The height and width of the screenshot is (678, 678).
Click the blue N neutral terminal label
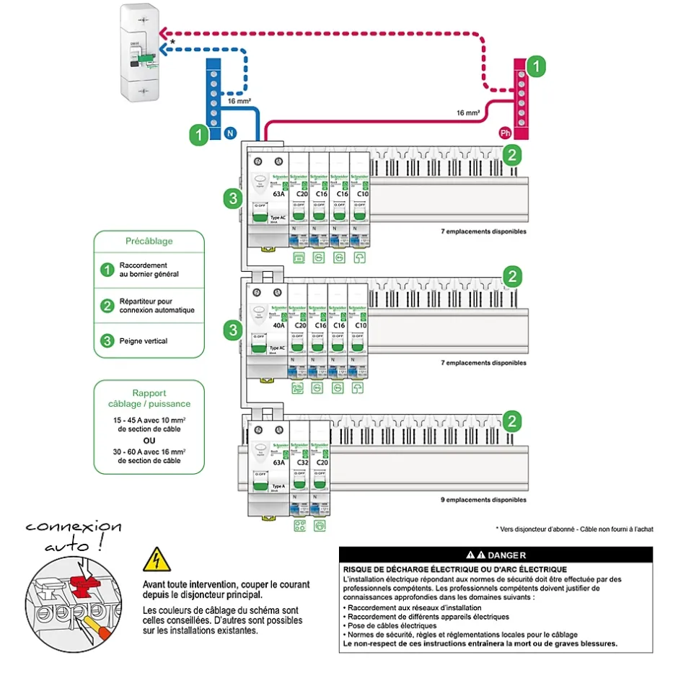pyautogui.click(x=229, y=133)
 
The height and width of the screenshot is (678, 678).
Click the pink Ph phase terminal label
pyautogui.click(x=505, y=133)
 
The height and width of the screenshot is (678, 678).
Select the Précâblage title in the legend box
pyautogui.click(x=149, y=241)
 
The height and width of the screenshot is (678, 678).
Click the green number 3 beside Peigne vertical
pyautogui.click(x=107, y=340)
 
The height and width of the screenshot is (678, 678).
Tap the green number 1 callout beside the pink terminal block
pyautogui.click(x=534, y=67)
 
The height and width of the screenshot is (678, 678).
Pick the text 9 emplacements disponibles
pyautogui.click(x=483, y=499)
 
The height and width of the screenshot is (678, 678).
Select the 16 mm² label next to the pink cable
pyautogui.click(x=468, y=113)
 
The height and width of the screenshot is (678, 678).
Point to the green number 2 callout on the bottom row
pyautogui.click(x=511, y=421)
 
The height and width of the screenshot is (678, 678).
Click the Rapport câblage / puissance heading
pyautogui.click(x=149, y=399)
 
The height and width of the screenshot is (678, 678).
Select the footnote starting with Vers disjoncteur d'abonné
pyautogui.click(x=574, y=529)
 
